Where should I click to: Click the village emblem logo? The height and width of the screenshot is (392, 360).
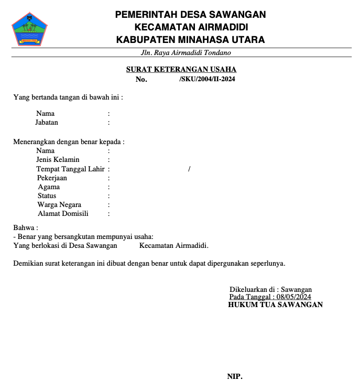30,28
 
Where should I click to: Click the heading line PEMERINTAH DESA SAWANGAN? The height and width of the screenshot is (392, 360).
190,15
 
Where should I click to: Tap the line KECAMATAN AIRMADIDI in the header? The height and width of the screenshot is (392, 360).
191,27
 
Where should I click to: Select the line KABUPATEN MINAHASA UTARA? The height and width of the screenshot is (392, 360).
190,40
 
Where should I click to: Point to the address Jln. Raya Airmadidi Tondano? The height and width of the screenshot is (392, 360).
186,53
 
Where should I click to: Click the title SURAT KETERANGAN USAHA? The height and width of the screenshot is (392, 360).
181,69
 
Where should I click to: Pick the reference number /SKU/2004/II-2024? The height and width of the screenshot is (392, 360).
206,80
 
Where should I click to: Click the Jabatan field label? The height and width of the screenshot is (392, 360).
47,123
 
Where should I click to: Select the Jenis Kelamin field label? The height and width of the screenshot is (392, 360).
58,160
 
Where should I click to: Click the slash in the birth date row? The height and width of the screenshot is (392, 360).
189,169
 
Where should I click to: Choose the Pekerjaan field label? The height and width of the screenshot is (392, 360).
52,178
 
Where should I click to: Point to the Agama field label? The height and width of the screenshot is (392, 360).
49,187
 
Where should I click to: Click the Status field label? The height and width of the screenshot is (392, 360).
47,196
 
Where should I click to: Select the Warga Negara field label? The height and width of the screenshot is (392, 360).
59,205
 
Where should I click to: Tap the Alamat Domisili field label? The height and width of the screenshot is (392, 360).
63,214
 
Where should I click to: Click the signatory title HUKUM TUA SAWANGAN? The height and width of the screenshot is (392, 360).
275,304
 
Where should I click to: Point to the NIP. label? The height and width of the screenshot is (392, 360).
235,377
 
